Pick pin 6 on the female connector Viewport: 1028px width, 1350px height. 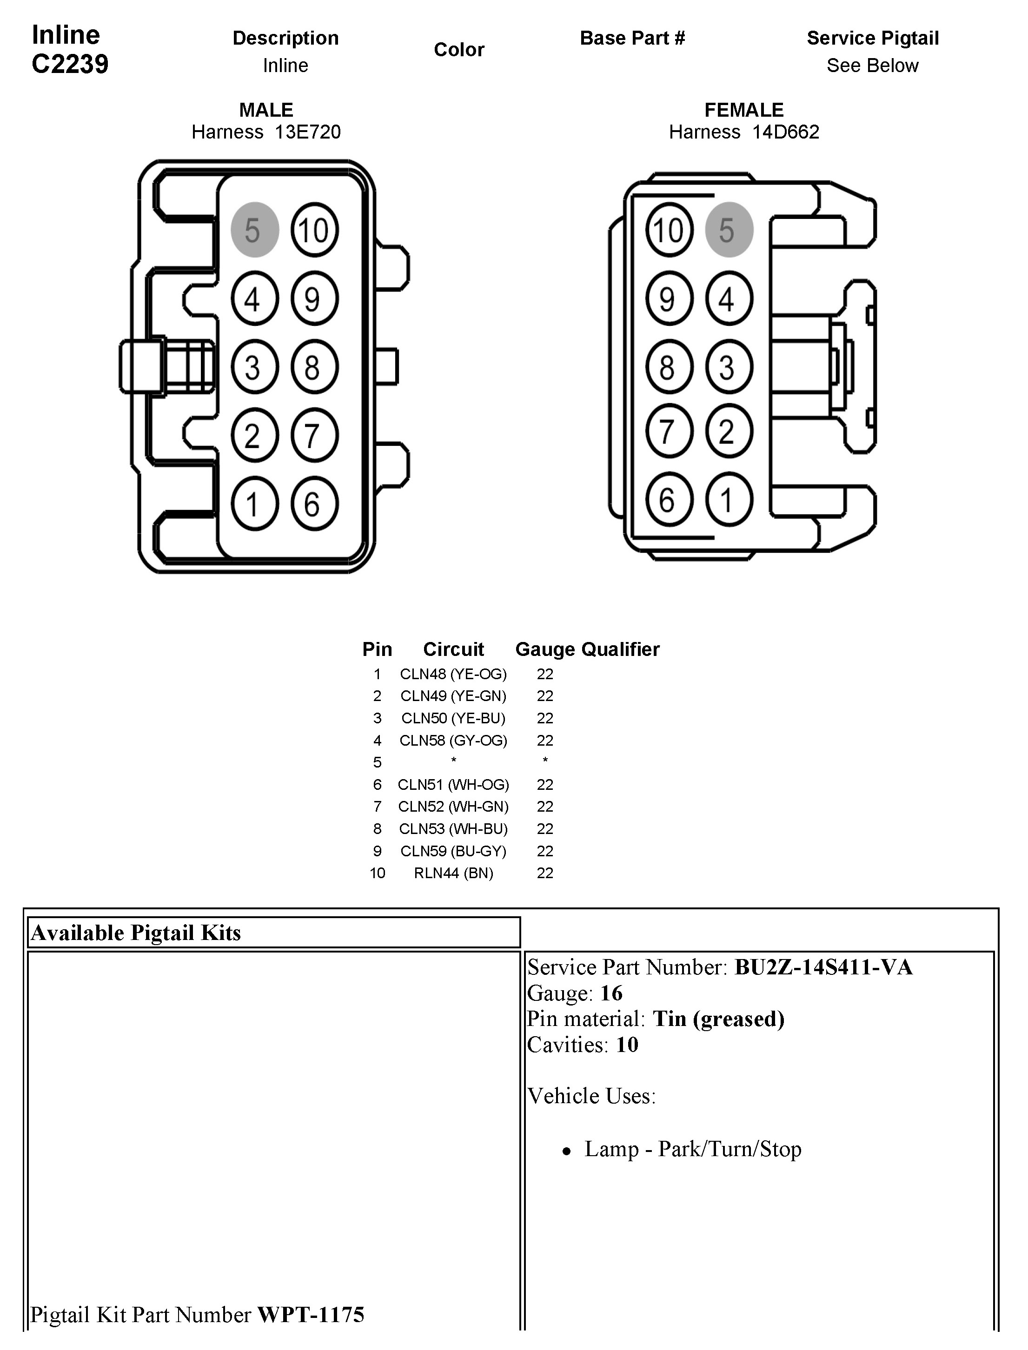point(669,500)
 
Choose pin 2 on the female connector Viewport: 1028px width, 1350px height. point(728,431)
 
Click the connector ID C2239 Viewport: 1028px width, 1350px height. point(70,64)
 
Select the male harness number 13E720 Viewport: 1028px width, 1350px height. point(307,132)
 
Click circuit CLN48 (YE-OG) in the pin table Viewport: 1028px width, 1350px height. point(453,674)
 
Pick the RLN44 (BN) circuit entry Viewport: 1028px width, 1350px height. point(453,873)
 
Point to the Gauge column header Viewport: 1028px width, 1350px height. point(546,649)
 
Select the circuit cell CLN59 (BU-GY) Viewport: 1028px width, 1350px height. point(453,851)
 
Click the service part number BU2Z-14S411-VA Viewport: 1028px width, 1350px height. point(823,967)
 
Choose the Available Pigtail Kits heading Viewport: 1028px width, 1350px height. point(136,933)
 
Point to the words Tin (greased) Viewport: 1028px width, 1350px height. point(718,1019)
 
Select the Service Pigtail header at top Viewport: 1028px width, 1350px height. point(873,38)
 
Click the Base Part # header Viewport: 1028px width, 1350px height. point(632,38)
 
